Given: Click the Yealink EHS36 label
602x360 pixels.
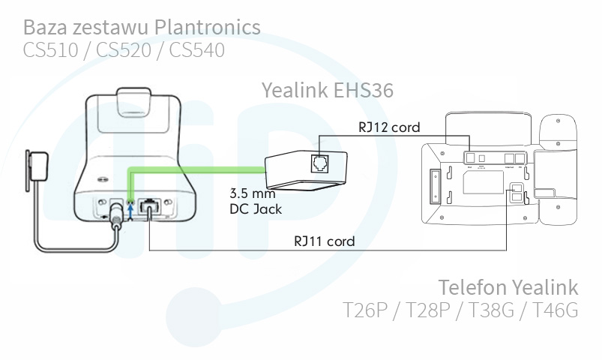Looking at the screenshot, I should click(327, 90).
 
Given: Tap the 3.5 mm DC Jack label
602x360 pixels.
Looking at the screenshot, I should click(255, 201).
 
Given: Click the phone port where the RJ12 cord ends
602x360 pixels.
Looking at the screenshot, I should click(469, 156).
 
